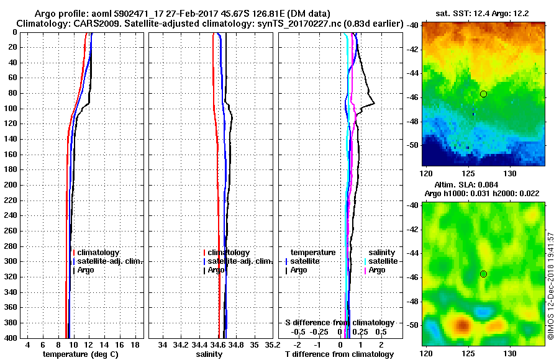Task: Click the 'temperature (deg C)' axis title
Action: pos(80,354)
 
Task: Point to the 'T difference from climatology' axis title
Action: pos(339,354)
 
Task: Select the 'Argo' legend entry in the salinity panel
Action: pos(217,270)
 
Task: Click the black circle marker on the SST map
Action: pos(483,94)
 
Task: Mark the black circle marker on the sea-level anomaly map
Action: pos(483,274)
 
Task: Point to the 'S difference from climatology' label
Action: pos(340,323)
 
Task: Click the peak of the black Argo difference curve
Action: pos(374,102)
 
